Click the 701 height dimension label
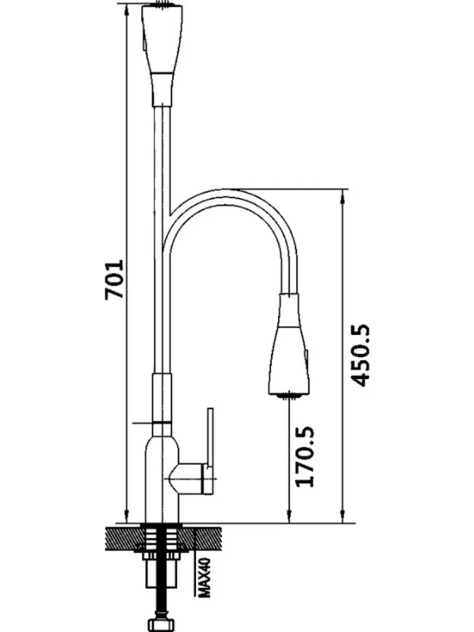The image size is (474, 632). coord(114,280)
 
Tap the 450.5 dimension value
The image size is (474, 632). coord(359,355)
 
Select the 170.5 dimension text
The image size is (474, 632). coord(305,456)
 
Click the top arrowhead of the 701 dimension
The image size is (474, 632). coord(126,10)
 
